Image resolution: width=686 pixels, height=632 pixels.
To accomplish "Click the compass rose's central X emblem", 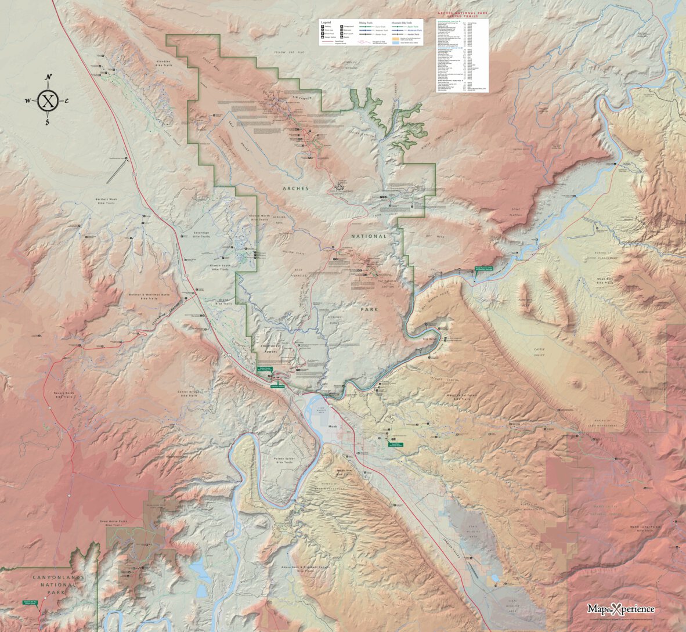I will [x=48, y=101].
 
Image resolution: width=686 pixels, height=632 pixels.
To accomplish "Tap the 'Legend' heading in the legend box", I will [x=326, y=22].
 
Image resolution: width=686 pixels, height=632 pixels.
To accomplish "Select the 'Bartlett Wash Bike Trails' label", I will [x=106, y=201].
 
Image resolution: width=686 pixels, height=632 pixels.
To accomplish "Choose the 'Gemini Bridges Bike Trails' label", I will [x=189, y=393].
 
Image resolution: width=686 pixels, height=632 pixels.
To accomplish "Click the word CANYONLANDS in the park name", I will [x=59, y=577].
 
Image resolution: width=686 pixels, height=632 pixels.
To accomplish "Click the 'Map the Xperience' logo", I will [x=620, y=609].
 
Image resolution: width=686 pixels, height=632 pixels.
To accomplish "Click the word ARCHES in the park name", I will [x=296, y=189].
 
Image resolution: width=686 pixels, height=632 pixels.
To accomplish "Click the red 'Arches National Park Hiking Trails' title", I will [x=463, y=14].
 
